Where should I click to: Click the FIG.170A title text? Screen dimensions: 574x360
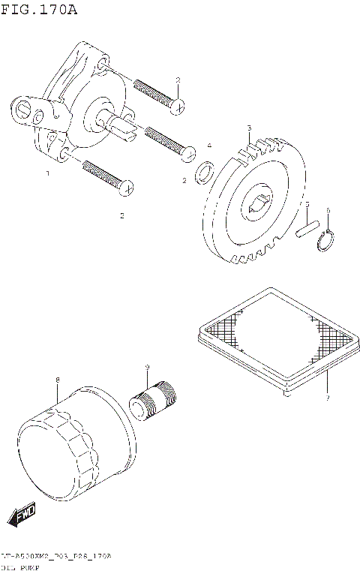tap(39, 10)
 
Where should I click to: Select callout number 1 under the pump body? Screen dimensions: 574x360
tap(47, 173)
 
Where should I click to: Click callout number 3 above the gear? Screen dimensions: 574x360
tap(250, 128)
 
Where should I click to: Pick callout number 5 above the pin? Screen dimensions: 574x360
tap(307, 204)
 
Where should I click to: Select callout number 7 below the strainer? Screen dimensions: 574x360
tap(328, 398)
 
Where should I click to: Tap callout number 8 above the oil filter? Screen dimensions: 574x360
tap(58, 380)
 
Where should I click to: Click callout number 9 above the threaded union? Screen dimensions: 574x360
tap(148, 366)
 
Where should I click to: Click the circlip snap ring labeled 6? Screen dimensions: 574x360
tap(326, 241)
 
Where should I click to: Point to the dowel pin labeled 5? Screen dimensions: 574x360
tap(307, 227)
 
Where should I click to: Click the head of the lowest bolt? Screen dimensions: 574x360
tap(128, 185)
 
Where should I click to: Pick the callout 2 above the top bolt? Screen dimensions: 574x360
tap(178, 80)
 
